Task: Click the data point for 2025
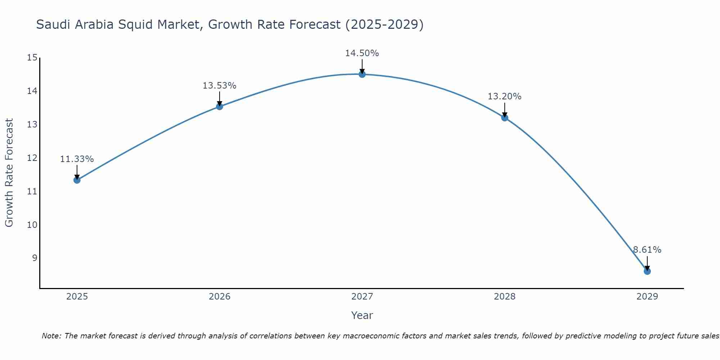click(x=77, y=180)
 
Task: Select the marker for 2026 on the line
click(x=219, y=107)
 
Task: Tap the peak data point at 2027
click(x=362, y=74)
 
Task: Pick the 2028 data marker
click(x=504, y=118)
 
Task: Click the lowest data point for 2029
click(x=647, y=271)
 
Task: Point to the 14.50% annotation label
click(x=362, y=53)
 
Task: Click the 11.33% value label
click(x=77, y=159)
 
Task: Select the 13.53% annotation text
click(x=219, y=86)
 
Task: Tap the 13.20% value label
click(x=504, y=96)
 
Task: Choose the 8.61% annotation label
click(x=647, y=250)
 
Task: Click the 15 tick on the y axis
click(x=32, y=58)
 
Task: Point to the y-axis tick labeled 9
click(x=35, y=258)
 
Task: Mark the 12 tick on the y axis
click(x=32, y=158)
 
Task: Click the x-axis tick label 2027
click(x=362, y=297)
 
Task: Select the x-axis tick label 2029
click(x=647, y=297)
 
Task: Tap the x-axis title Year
click(x=362, y=315)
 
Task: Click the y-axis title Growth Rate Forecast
click(x=9, y=173)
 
